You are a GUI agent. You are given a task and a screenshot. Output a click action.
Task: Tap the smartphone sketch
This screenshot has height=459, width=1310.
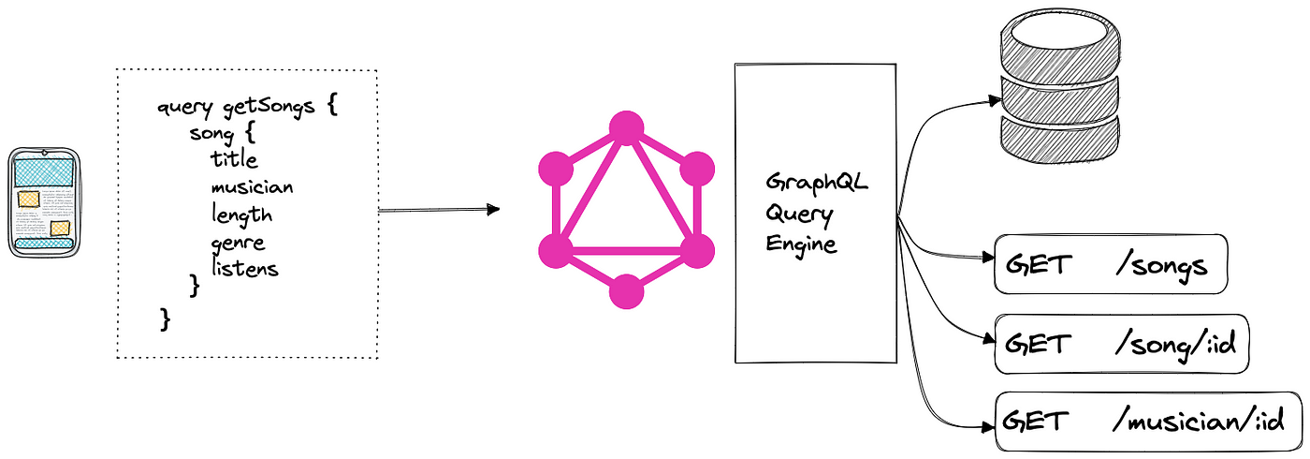click(x=43, y=200)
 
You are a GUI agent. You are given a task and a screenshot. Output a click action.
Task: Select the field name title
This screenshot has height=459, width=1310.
click(x=234, y=159)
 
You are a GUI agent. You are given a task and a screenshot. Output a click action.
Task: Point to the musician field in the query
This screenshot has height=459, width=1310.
click(x=252, y=187)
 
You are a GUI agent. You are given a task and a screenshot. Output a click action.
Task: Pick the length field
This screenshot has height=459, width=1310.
click(x=241, y=215)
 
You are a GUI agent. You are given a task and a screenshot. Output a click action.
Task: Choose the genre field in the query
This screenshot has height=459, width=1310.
click(x=238, y=243)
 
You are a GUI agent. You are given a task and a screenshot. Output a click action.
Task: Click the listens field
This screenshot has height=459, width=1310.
click(x=244, y=269)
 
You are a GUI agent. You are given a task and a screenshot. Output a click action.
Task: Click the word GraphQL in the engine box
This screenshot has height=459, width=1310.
click(x=817, y=182)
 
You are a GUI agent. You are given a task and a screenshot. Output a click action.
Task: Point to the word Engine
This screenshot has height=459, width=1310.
click(x=801, y=244)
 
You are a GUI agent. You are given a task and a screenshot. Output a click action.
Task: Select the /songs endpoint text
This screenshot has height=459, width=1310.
click(x=1160, y=266)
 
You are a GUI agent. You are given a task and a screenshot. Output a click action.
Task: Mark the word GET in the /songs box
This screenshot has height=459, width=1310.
click(x=1036, y=266)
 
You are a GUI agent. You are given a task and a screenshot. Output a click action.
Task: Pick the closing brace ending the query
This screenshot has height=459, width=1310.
click(x=166, y=319)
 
